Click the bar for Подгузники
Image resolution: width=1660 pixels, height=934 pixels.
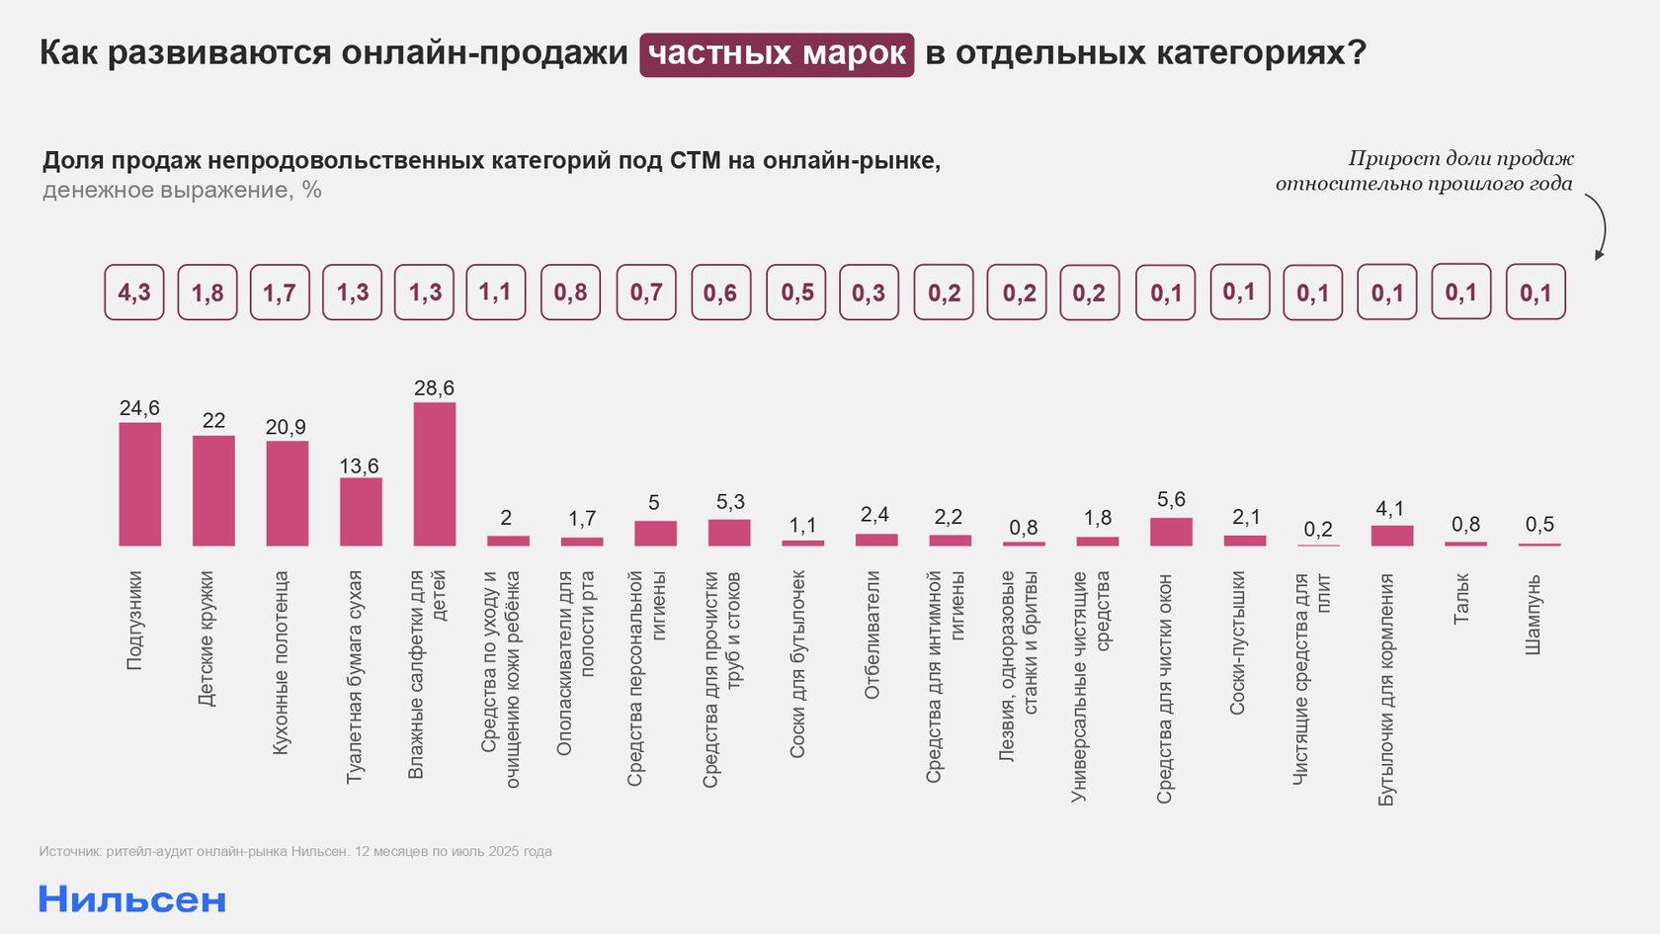coord(140,484)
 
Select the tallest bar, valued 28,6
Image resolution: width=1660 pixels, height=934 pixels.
coord(435,474)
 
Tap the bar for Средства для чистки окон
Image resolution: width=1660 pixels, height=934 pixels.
coord(1171,532)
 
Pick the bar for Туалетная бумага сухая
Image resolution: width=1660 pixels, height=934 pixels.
coord(361,512)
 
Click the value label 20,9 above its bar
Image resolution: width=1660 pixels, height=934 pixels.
coord(286,427)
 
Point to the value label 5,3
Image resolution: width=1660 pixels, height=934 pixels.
coord(730,502)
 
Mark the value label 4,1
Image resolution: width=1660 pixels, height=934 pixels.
coord(1389,509)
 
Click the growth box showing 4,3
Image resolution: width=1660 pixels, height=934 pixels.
coord(134,293)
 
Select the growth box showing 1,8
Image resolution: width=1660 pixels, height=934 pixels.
coord(207,293)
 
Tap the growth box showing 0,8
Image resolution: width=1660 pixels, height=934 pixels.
coord(570,293)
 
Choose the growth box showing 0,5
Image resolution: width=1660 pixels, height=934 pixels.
coord(796,293)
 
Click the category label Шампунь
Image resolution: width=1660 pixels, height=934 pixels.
coord(1534,614)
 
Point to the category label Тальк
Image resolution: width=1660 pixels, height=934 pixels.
coord(1461,598)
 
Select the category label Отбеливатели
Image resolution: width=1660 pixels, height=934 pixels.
coord(871,635)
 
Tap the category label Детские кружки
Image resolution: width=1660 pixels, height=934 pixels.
coord(206,637)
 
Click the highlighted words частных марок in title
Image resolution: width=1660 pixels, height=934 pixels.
coord(777,54)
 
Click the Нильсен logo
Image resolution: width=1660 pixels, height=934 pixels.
coord(132,899)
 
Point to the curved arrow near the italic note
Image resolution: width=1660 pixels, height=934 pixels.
coord(1599,226)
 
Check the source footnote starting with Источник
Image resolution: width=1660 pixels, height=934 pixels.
coord(295,851)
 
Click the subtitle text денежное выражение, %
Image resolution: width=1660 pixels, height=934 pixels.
coord(182,190)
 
